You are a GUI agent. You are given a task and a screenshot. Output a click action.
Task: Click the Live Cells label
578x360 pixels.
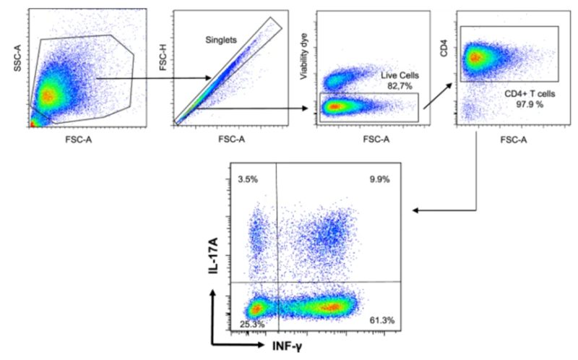[x=401, y=74]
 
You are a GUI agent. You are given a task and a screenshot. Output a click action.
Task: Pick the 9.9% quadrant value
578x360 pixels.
[x=379, y=179]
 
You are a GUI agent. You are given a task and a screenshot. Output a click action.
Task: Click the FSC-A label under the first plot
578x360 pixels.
[x=72, y=140]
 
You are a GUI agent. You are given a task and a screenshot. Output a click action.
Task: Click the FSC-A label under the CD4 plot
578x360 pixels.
[x=509, y=140]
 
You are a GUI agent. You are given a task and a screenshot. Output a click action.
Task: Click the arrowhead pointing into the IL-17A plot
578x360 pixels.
[x=417, y=211]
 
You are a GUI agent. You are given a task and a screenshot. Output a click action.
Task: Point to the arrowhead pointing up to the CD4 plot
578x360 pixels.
[x=452, y=83]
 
